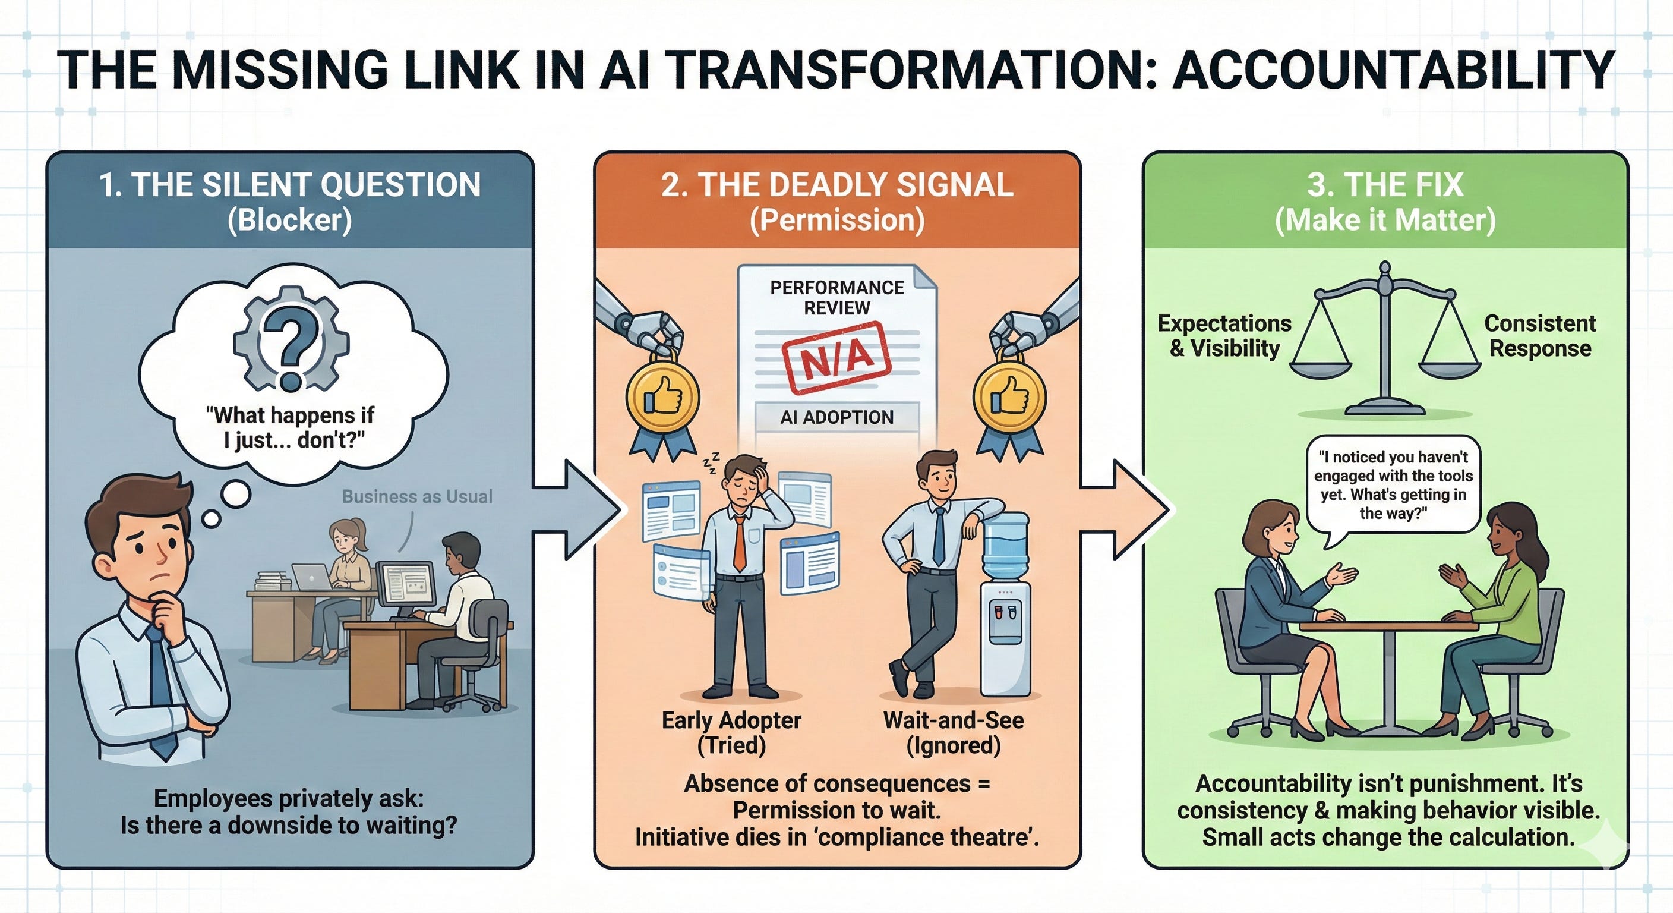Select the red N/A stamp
click(836, 358)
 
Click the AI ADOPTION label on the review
click(836, 417)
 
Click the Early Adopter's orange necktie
click(740, 546)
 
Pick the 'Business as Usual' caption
click(417, 496)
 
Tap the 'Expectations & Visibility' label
click(1225, 335)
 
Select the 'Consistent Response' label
click(1540, 335)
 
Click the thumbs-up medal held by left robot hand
click(662, 396)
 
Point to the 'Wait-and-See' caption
click(954, 720)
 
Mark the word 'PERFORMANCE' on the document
click(836, 287)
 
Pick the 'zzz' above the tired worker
click(711, 463)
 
